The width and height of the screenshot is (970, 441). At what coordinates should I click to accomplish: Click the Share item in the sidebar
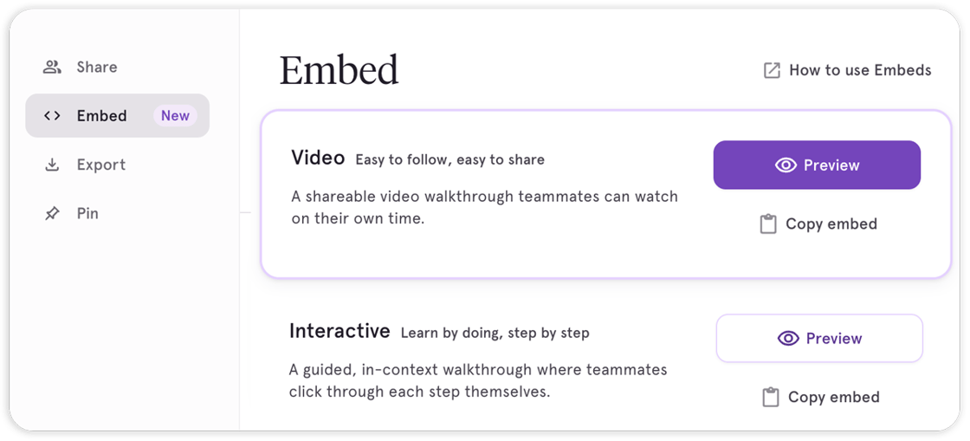[96, 68]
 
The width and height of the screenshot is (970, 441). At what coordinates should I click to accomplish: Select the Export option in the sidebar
[100, 165]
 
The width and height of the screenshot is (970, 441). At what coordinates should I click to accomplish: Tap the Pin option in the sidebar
[87, 213]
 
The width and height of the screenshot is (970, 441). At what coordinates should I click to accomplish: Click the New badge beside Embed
[175, 116]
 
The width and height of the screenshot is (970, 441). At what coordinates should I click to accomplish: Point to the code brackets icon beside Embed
[52, 116]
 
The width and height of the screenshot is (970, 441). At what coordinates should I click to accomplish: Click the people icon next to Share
[52, 68]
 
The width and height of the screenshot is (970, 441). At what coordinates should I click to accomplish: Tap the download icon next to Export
[52, 165]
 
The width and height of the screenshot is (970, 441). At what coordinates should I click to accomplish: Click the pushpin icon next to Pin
[52, 213]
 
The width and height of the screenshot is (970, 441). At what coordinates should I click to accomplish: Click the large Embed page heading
[339, 70]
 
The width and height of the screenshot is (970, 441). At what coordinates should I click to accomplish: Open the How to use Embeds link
[860, 71]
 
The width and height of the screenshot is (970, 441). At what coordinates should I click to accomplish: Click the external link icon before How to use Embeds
[772, 71]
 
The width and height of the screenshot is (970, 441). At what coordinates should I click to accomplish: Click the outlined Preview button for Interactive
[819, 339]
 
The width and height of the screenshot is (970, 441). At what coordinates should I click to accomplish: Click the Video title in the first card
[318, 159]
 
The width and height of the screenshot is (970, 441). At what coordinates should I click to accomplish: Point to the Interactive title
[339, 332]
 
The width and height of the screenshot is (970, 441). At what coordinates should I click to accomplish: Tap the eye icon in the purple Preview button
[786, 165]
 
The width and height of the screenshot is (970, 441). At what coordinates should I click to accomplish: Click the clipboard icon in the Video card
[767, 224]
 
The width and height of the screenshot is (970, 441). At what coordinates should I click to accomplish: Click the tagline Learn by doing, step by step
[495, 333]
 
